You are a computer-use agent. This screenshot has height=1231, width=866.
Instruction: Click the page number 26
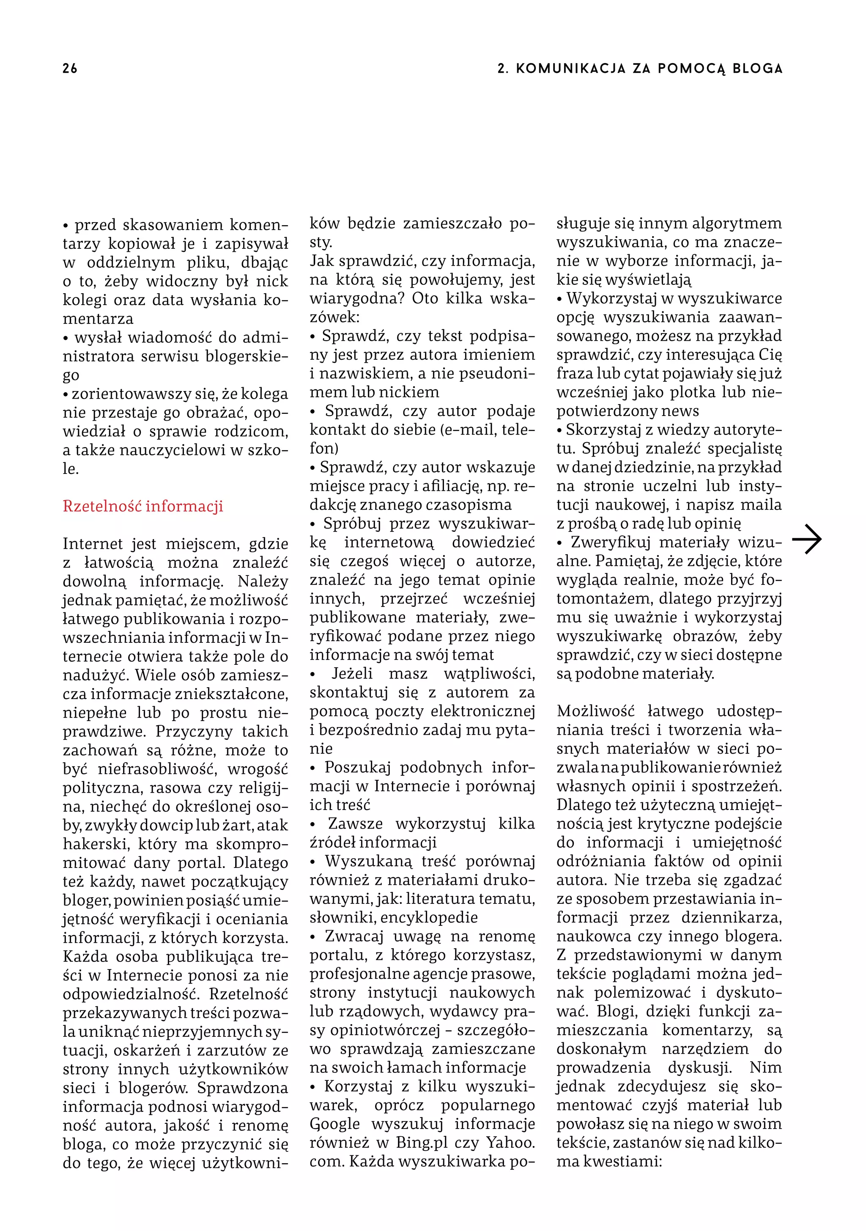click(x=70, y=69)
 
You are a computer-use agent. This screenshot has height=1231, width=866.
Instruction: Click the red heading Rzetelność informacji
click(x=143, y=506)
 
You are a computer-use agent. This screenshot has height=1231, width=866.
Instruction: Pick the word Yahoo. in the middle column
click(x=510, y=1143)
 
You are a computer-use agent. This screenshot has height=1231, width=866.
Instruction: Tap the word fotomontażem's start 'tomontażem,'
click(x=590, y=598)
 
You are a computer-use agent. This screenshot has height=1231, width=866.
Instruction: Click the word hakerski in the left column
click(x=88, y=844)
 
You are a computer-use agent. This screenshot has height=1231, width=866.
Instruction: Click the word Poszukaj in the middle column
click(x=357, y=767)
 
